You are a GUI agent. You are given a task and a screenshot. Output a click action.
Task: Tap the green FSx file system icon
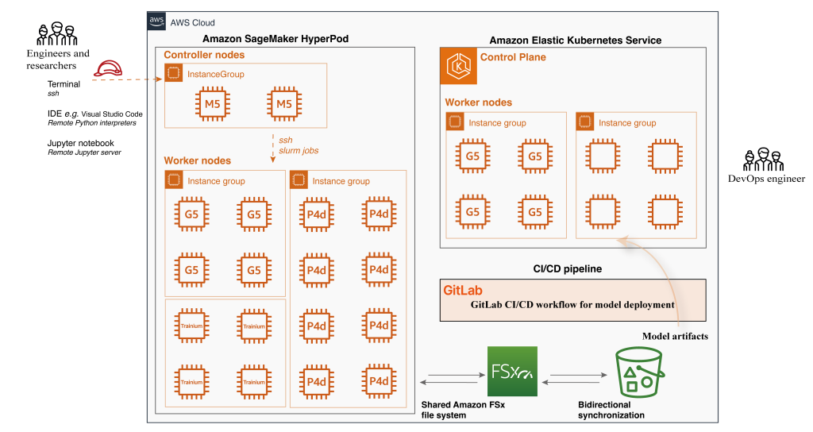512,371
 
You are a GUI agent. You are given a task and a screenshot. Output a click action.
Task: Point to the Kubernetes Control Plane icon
458,67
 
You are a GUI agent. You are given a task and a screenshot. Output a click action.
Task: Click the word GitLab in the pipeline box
463,291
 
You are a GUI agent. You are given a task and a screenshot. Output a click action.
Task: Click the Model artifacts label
675,336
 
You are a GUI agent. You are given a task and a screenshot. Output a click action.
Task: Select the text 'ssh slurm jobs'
298,145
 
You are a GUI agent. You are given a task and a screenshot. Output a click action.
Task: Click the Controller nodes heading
204,55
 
